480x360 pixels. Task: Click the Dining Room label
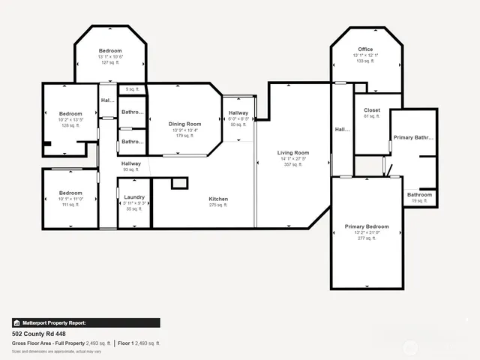point(184,124)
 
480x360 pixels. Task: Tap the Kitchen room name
point(219,199)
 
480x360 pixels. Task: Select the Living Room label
point(294,152)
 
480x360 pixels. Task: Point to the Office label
point(365,49)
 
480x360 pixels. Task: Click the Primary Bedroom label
point(367,226)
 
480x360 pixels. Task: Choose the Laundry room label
point(134,197)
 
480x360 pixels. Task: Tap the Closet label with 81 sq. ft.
point(372,109)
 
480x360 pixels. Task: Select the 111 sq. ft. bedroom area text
point(70,205)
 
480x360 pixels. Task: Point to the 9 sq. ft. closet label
point(133,90)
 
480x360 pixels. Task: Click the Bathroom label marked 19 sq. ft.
point(419,195)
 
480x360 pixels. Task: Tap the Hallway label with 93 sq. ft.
point(131,163)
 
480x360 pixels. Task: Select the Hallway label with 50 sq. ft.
point(238,113)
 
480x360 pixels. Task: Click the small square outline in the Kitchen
point(178,183)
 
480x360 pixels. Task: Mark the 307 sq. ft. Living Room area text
point(294,164)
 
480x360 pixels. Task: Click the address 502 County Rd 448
point(39,333)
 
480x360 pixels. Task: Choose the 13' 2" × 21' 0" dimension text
point(367,232)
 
